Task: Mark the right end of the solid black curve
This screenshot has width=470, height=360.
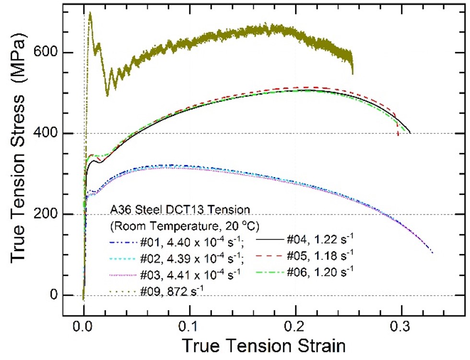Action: coord(410,132)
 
